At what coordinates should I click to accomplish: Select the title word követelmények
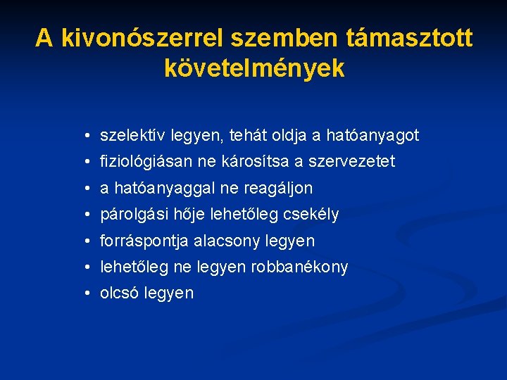(x=254, y=68)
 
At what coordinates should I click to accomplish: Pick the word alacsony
(x=229, y=241)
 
